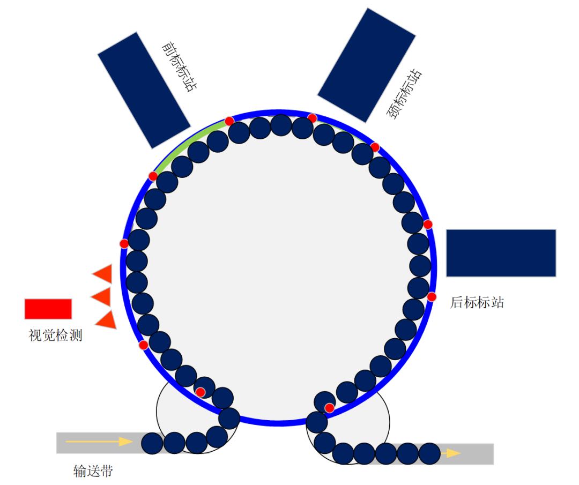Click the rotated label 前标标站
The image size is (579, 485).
[178, 67]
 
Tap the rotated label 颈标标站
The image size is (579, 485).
[404, 94]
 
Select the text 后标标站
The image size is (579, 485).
[477, 303]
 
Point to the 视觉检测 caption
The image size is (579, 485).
[55, 336]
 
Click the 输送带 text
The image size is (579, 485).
[93, 471]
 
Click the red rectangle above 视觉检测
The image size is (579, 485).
[48, 309]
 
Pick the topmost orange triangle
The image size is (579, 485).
[103, 273]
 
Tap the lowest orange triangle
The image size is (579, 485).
[106, 319]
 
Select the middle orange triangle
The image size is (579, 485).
[101, 296]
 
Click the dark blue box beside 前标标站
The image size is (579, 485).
[144, 90]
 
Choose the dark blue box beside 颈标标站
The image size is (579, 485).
[367, 65]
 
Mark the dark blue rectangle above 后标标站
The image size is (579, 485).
[501, 253]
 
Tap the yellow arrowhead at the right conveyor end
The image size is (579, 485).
[453, 453]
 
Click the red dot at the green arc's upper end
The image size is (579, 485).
[229, 121]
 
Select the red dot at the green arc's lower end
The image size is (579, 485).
[153, 176]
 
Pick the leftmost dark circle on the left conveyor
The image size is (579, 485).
[152, 443]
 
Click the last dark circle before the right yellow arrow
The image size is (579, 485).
[429, 453]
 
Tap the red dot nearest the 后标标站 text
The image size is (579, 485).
[432, 296]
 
